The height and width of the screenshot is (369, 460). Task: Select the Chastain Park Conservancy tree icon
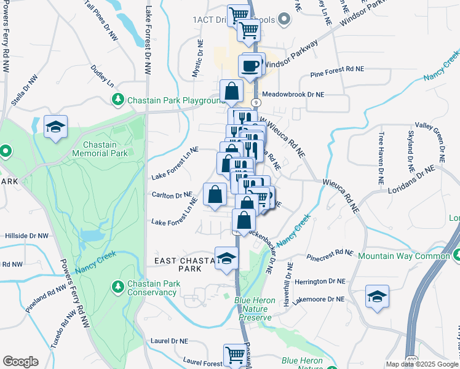[x=117, y=286]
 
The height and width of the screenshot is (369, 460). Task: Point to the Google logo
[x=20, y=362]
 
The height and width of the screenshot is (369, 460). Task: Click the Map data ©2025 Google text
[x=422, y=364]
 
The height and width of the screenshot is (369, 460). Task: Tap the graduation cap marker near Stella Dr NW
[x=56, y=127]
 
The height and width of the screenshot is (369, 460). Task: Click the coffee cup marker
[x=250, y=66]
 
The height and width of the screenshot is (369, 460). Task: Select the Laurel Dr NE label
[x=173, y=340]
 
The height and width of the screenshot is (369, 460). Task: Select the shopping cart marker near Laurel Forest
[x=234, y=355]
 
